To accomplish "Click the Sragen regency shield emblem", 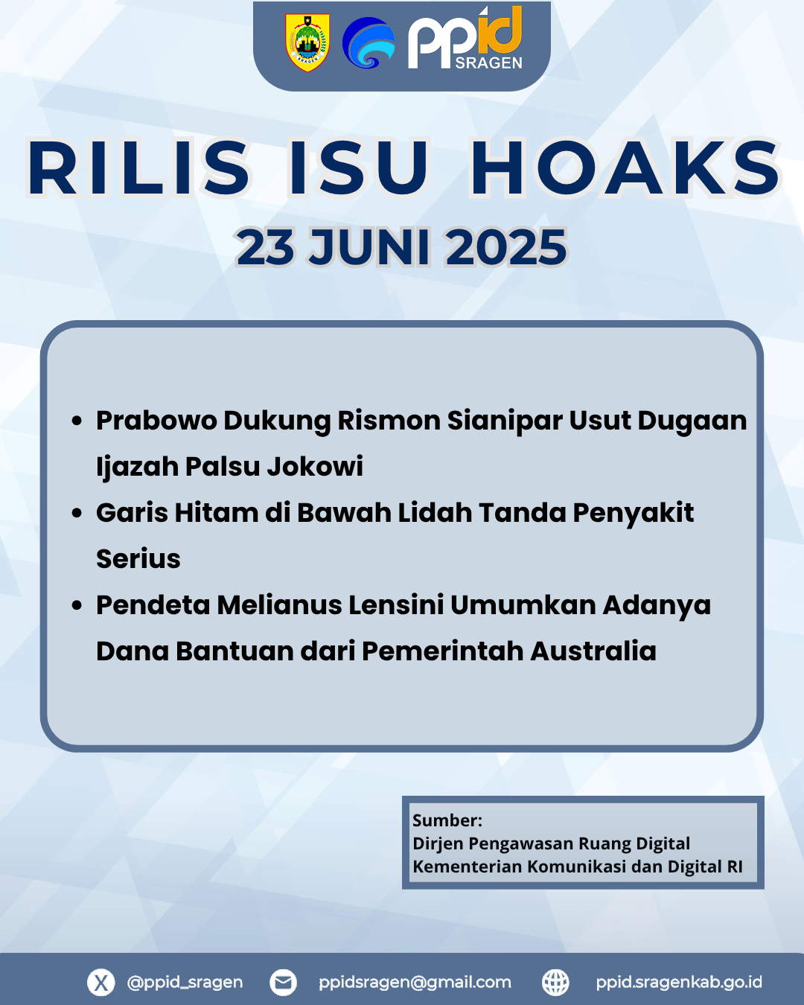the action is coord(307,42).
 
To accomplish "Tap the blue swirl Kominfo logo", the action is coord(368,43).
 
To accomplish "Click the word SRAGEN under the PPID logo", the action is coord(488,63).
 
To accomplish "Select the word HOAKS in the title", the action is coord(625,167).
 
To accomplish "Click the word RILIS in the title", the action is coord(138,167).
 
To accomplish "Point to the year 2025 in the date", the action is coord(506,247).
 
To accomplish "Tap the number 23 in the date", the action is coord(266,247).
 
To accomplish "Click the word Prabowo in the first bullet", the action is coord(156,421).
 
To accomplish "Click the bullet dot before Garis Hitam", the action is coord(77,513).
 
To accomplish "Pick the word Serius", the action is coord(138,558).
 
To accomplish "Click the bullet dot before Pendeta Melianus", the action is coord(77,605).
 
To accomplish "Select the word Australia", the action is coord(593,651).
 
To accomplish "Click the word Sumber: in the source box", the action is coord(447,820).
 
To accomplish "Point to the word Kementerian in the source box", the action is coord(468,867).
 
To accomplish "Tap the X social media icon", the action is coord(101,983).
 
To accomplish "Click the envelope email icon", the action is coord(283,983).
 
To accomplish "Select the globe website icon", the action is coord(555,983).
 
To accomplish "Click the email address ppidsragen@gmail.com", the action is coord(415,983).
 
